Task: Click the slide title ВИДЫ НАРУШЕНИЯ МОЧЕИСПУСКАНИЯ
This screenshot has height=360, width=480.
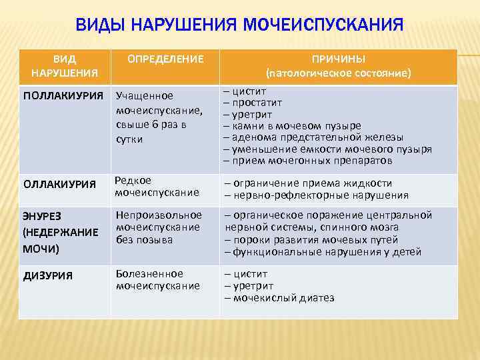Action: pos(239,25)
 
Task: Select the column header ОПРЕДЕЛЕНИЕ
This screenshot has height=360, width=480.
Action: pos(165,59)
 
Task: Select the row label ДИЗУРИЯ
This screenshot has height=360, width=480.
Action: pos(48,275)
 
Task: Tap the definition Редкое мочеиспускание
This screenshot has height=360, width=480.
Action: pos(157,187)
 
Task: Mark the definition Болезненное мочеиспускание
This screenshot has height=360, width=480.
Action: pos(158,279)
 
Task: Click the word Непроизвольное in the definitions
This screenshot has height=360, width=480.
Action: pos(159,215)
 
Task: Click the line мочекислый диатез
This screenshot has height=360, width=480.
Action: pos(283,297)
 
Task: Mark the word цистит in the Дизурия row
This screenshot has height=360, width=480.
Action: pos(249,274)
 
